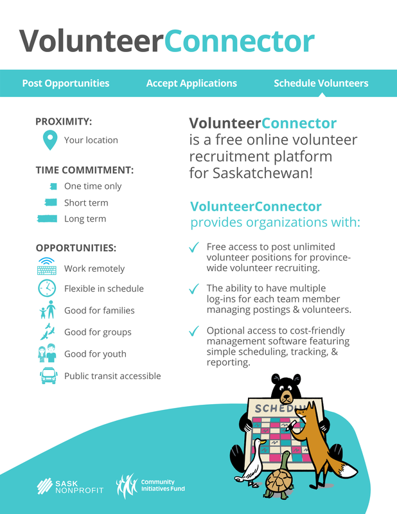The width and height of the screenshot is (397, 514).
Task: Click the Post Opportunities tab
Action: [66, 84]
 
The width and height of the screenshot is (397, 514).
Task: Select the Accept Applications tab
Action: [191, 84]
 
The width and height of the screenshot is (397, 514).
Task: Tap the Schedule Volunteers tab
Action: [321, 84]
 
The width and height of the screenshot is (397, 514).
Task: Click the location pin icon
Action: [48, 140]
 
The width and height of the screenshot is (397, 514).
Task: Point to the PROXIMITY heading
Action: [64, 121]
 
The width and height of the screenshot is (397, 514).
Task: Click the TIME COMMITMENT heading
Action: [84, 170]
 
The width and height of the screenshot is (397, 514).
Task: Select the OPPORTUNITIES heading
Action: [76, 247]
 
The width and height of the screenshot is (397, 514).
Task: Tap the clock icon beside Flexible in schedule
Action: [47, 289]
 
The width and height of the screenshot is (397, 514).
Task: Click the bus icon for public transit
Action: [48, 376]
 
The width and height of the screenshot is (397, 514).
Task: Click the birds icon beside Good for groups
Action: [47, 332]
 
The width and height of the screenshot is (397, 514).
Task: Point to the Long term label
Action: [85, 219]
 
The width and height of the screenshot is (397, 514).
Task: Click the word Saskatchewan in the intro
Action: [257, 173]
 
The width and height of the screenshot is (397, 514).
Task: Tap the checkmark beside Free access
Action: [193, 248]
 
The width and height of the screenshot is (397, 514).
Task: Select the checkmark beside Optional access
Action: [193, 332]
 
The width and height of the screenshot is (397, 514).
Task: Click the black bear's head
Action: [287, 387]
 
